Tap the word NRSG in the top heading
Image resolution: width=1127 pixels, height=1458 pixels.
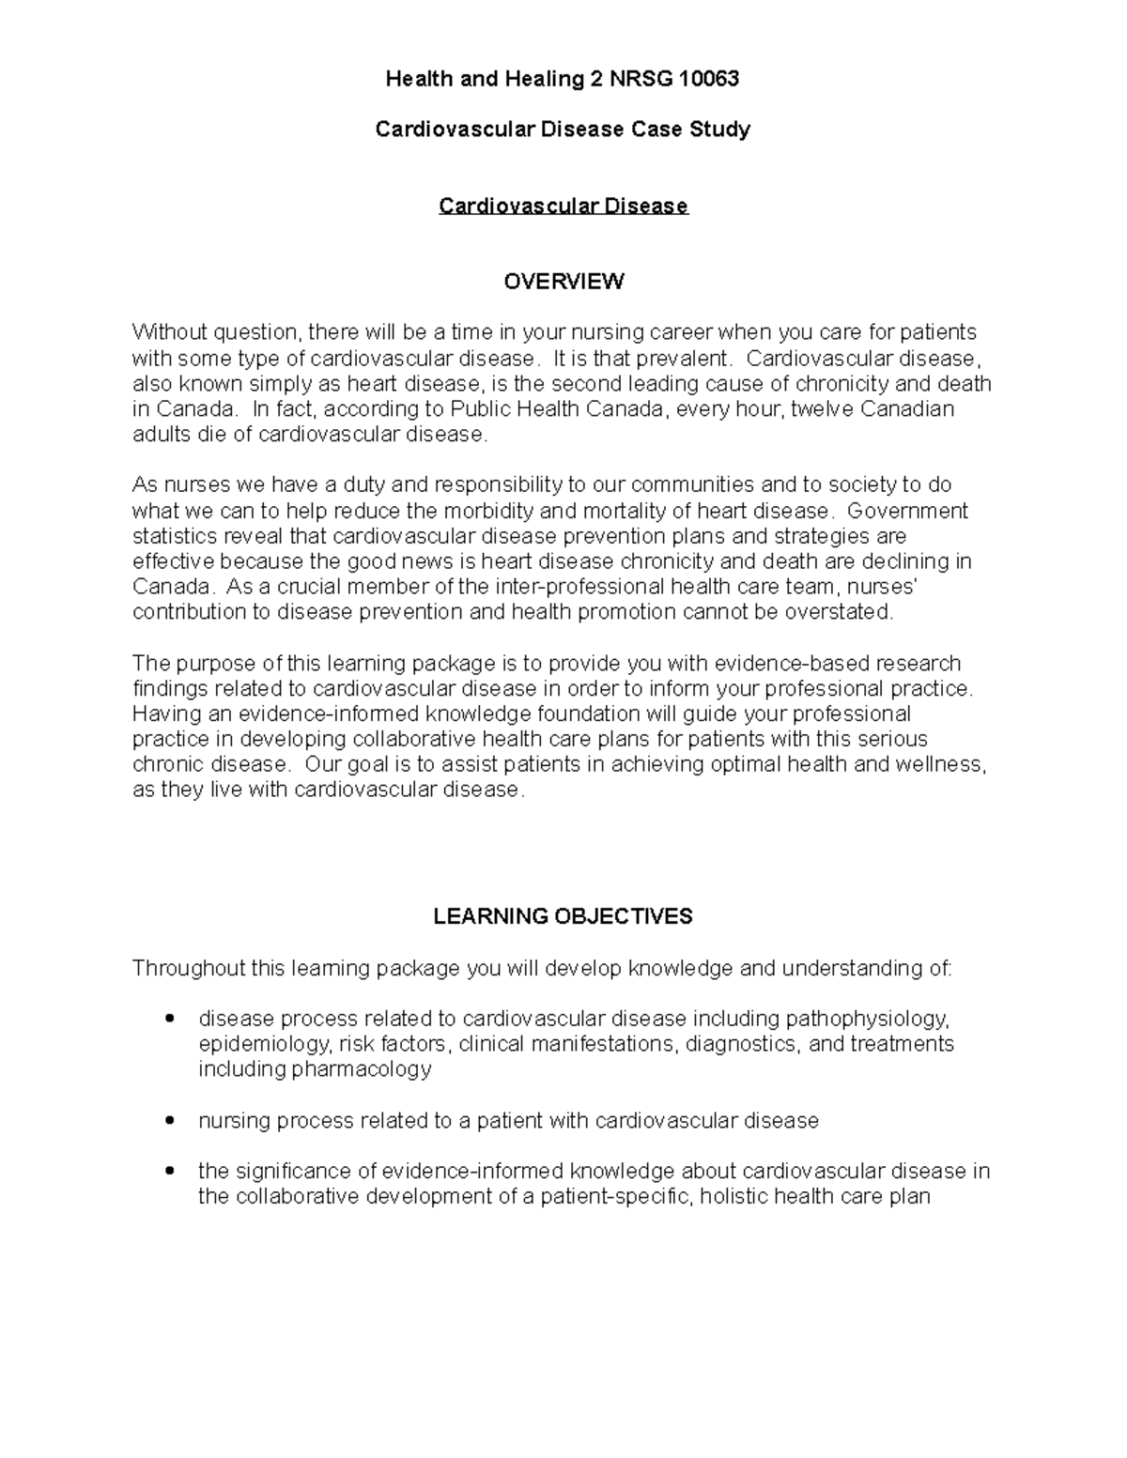637,79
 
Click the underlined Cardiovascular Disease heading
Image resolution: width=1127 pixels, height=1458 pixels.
563,206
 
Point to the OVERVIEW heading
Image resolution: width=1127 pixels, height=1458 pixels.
563,282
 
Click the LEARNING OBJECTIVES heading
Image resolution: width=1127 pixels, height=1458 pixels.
563,916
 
